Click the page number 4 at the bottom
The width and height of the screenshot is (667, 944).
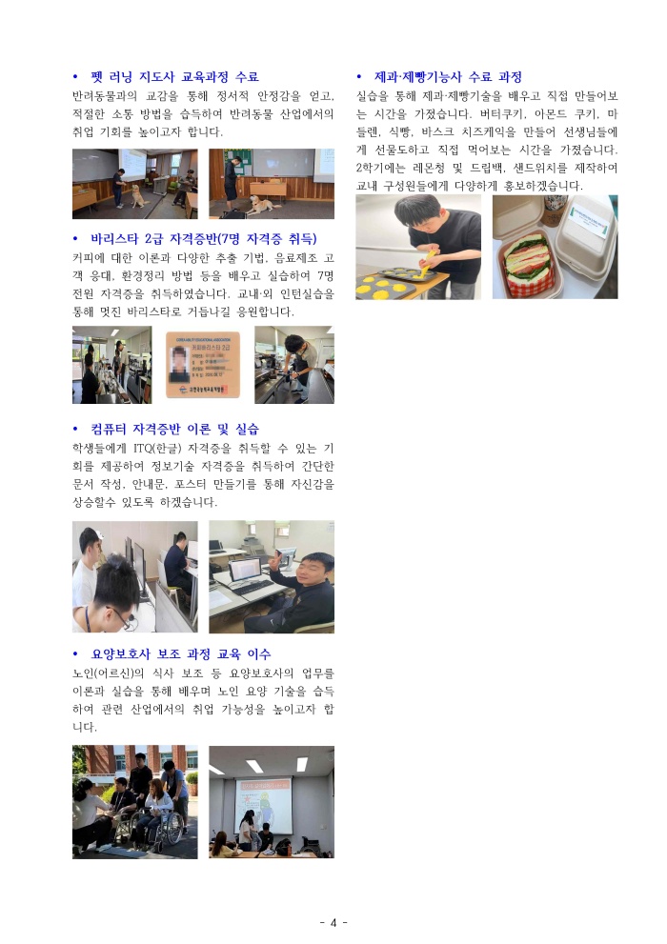pyautogui.click(x=333, y=922)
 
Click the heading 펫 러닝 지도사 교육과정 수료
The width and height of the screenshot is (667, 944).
pyautogui.click(x=174, y=77)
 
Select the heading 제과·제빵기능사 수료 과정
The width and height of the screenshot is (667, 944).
pyautogui.click(x=448, y=77)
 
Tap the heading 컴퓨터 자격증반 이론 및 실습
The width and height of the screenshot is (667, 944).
pyautogui.click(x=174, y=430)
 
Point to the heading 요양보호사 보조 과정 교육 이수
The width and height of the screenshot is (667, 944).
pyautogui.click(x=181, y=654)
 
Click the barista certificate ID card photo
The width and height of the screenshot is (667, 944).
pyautogui.click(x=203, y=366)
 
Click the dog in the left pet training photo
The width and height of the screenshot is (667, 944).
pyautogui.click(x=138, y=195)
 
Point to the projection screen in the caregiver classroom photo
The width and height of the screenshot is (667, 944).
pyautogui.click(x=263, y=806)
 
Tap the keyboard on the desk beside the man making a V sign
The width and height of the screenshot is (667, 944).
pyautogui.click(x=253, y=588)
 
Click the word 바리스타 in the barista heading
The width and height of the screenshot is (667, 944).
pyautogui.click(x=114, y=239)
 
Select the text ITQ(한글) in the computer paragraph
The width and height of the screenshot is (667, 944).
pyautogui.click(x=155, y=449)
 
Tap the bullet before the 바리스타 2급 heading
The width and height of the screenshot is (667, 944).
pyautogui.click(x=75, y=240)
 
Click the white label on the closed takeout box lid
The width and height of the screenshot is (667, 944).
pyautogui.click(x=590, y=222)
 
